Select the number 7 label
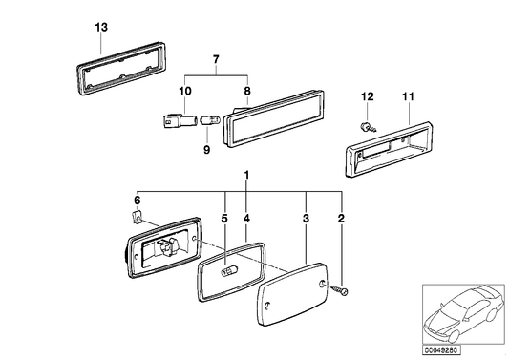click(x=217, y=60)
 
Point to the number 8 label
click(x=246, y=91)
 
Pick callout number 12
click(x=366, y=95)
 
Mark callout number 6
click(x=137, y=199)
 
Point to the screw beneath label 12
click(x=368, y=125)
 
